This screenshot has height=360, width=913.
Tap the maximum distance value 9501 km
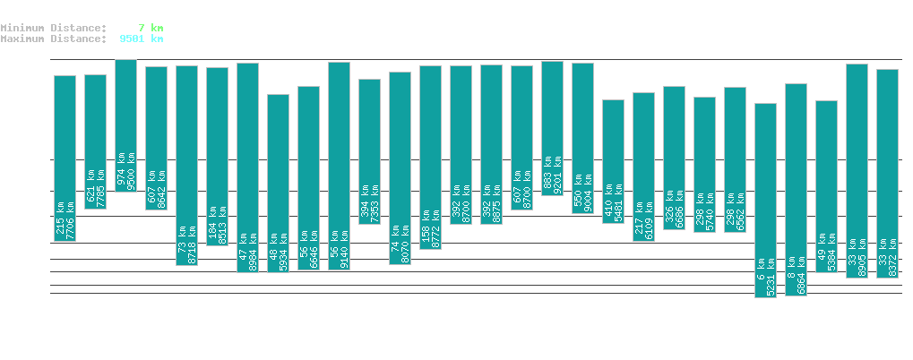[142, 39]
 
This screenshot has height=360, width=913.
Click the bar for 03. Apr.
[65, 158]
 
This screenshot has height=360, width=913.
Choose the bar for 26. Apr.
[765, 200]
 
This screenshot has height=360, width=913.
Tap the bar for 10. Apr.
[278, 183]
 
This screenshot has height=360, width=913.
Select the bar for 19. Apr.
[552, 128]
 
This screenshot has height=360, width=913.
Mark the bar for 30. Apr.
[887, 173]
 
